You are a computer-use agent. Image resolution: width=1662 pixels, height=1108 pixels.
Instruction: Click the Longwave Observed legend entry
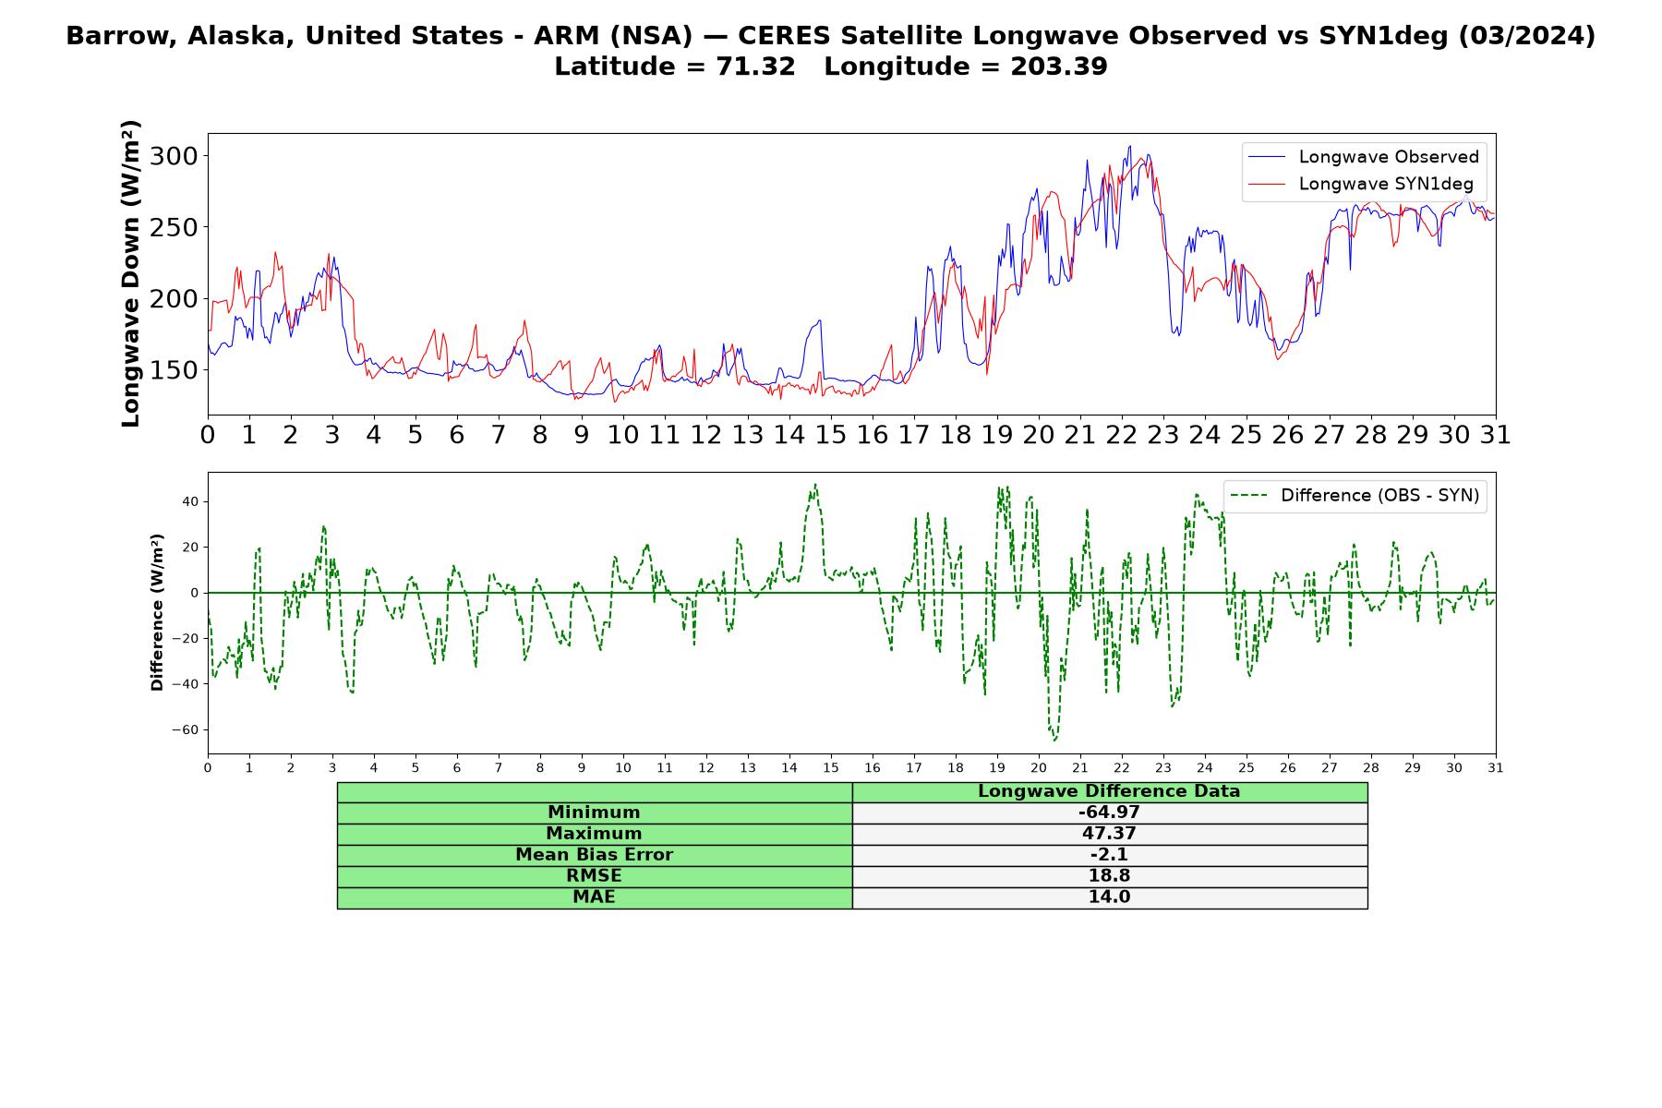[1363, 157]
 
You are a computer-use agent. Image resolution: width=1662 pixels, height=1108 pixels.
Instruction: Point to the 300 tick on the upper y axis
[175, 155]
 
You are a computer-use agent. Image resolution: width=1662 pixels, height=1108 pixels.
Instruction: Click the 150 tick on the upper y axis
[175, 369]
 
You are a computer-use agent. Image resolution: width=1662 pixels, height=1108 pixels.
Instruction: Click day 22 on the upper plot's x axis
[1122, 435]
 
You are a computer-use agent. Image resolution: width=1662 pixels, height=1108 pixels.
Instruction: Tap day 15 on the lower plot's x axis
[831, 767]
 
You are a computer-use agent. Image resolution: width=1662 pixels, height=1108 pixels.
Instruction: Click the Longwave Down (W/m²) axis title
[131, 273]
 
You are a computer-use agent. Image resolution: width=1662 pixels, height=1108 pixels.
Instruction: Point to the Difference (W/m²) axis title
[157, 612]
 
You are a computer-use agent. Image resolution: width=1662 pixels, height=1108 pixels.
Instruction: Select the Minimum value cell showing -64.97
[1109, 813]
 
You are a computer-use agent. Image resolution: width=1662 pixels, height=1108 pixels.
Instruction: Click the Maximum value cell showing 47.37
[1109, 834]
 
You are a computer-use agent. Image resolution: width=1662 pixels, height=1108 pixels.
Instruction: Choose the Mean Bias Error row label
[594, 855]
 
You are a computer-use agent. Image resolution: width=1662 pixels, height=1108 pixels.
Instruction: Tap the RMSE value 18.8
[1109, 875]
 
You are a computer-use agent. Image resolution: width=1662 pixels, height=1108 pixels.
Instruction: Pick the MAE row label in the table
[594, 897]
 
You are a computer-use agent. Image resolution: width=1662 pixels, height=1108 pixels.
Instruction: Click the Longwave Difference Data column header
[1109, 791]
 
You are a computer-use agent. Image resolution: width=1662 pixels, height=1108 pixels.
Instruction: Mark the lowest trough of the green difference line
[1054, 741]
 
